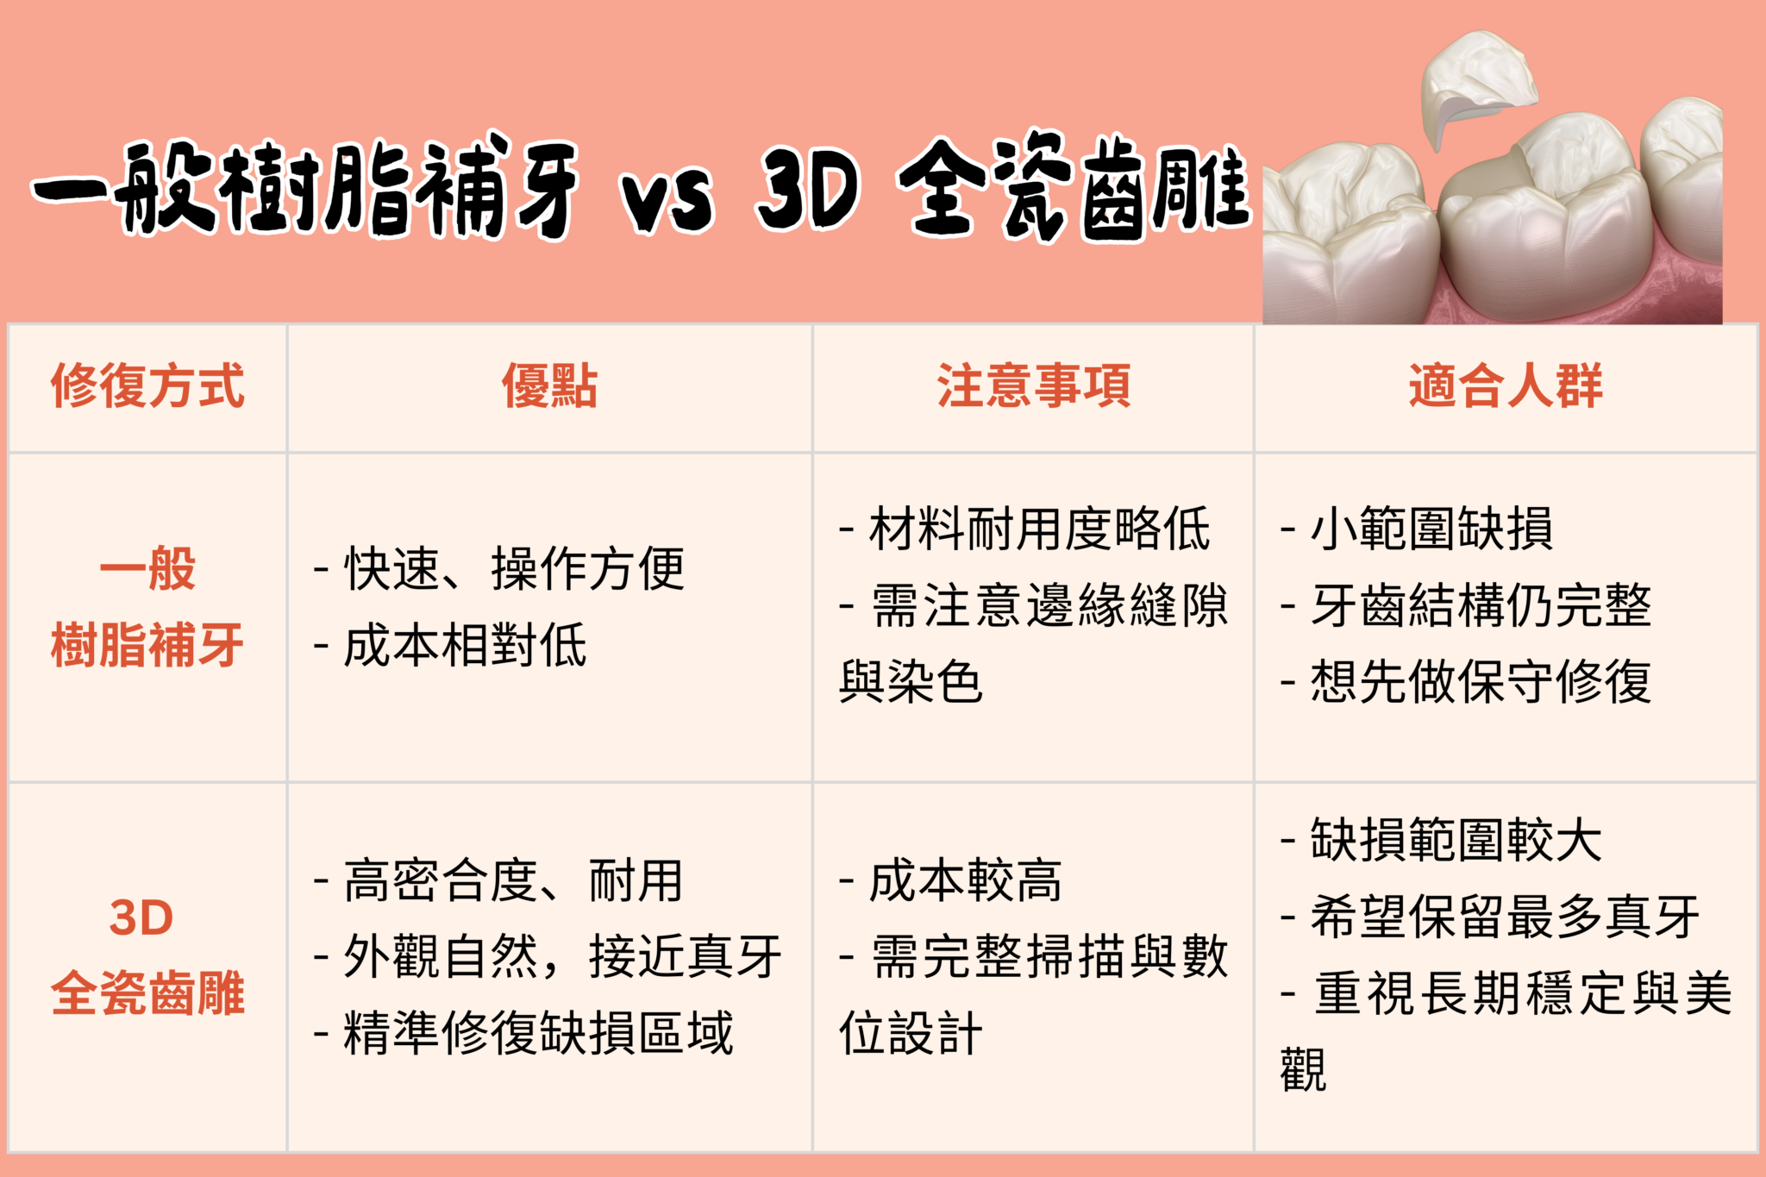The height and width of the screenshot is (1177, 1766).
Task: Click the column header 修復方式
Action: [147, 385]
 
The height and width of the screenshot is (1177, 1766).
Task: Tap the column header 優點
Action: [549, 385]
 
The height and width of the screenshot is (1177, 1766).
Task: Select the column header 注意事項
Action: [1033, 385]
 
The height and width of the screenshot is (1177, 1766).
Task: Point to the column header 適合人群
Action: [1506, 385]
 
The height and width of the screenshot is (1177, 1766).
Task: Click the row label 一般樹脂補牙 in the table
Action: [147, 607]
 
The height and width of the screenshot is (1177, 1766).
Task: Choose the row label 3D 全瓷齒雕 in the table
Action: [147, 955]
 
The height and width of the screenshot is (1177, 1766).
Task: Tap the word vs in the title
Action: [668, 200]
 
